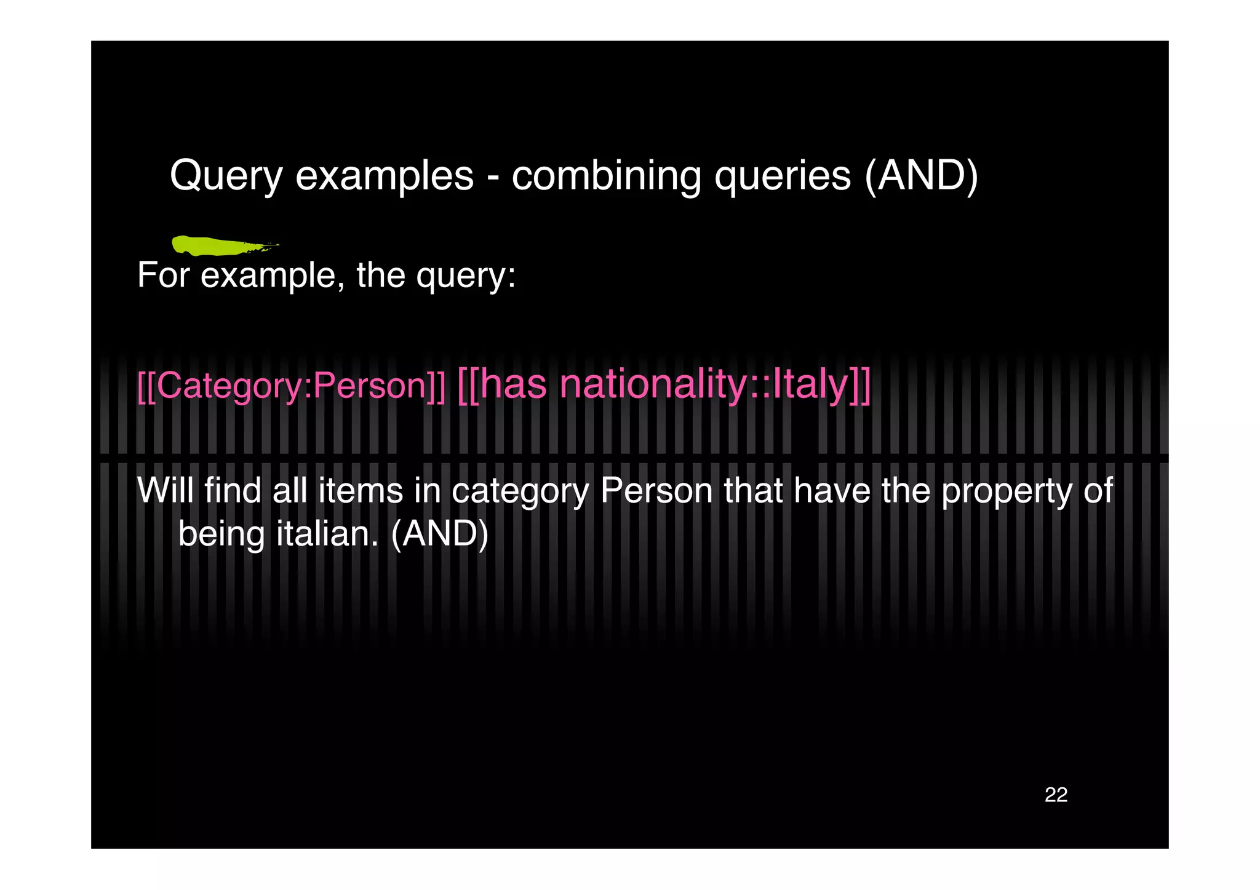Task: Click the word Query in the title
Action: (x=226, y=177)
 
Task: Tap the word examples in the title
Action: (x=385, y=177)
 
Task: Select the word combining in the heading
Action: (x=606, y=177)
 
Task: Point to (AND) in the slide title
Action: (x=921, y=177)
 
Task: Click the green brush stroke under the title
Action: (x=218, y=245)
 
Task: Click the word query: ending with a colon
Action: (x=466, y=275)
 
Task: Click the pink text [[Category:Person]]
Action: (x=291, y=386)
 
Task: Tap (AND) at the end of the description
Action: (x=439, y=533)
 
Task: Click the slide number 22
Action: (x=1056, y=795)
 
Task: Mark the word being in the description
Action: (x=221, y=533)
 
